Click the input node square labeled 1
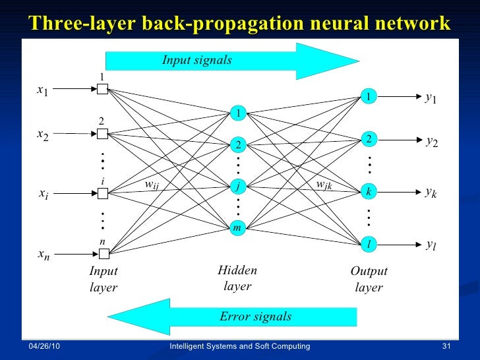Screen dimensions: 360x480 point(102,90)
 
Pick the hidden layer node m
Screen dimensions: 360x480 point(237,228)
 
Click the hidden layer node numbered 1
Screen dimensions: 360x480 point(237,114)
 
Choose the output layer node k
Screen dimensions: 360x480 point(369,192)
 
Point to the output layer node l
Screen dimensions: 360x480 point(369,245)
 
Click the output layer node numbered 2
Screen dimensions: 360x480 point(369,139)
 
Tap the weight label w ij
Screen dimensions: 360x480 point(152,185)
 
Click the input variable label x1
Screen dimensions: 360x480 point(42,91)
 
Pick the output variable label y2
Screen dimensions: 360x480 point(432,141)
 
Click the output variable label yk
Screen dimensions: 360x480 point(432,193)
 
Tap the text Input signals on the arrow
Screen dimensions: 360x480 point(197,61)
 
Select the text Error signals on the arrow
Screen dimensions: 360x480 point(256,316)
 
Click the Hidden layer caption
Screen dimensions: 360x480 point(237,278)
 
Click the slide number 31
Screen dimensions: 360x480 point(446,347)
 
